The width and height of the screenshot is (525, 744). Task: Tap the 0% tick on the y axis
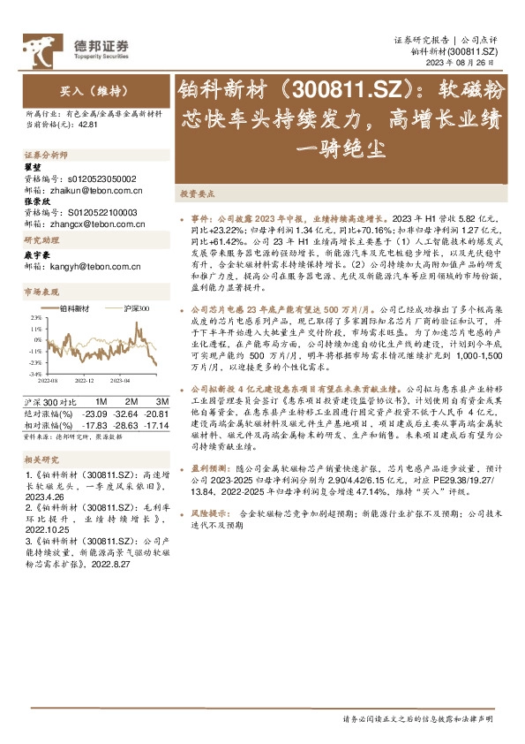(x=37, y=339)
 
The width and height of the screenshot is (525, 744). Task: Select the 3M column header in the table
(x=149, y=401)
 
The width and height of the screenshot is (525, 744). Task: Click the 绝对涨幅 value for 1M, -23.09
(x=94, y=413)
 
